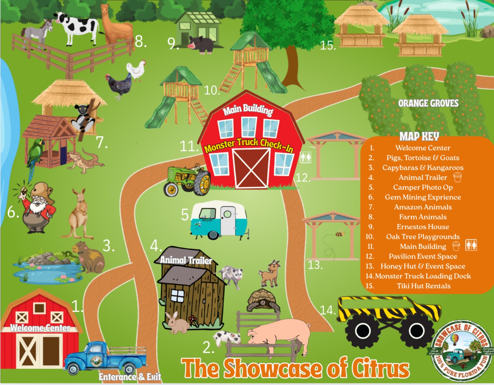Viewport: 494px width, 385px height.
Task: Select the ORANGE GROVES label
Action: coord(428,103)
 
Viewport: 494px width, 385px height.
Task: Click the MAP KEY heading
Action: coord(419,136)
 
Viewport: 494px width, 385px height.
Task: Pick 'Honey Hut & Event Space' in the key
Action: coord(423,266)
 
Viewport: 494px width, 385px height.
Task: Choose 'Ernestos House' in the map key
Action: coord(423,227)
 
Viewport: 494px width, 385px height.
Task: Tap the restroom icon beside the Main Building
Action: coord(305,157)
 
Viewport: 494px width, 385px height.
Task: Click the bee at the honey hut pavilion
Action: coord(339,234)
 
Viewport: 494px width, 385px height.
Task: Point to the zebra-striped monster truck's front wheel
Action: coord(363,330)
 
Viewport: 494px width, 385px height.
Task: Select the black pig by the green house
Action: coord(201,45)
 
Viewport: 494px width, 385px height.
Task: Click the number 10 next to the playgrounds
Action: coord(212,90)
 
